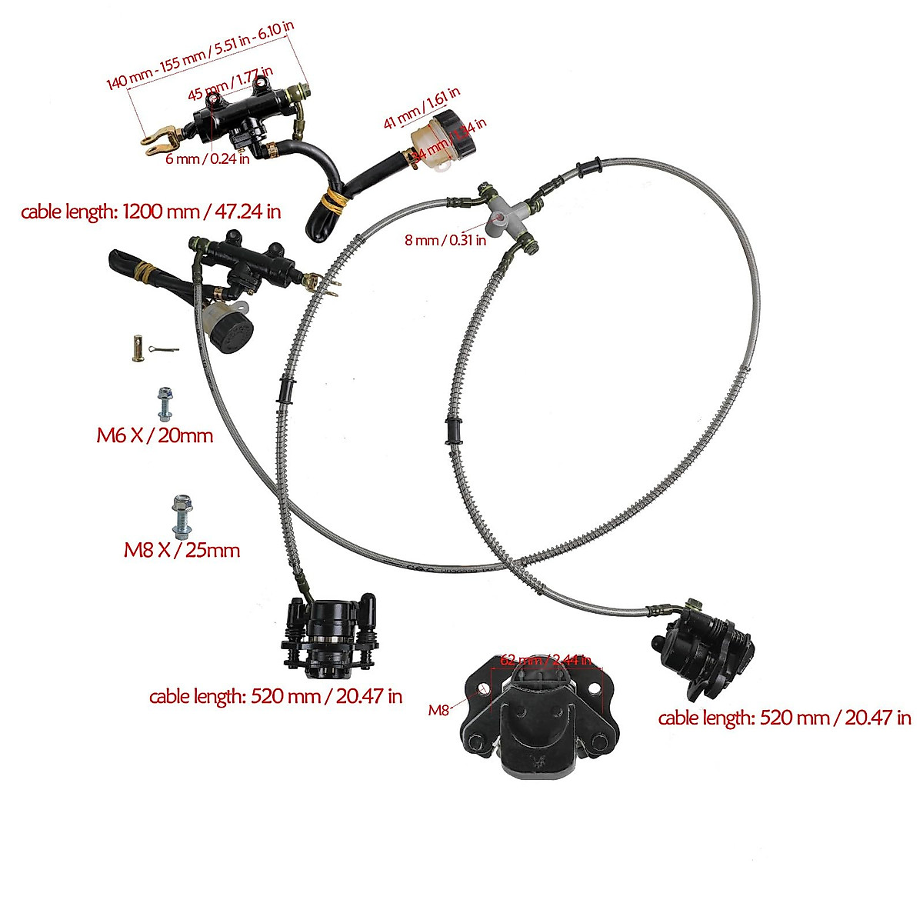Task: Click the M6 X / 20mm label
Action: [154, 435]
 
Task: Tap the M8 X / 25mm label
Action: [182, 550]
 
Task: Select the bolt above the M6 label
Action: [164, 403]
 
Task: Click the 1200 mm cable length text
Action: [151, 212]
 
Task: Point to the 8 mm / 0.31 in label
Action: [445, 240]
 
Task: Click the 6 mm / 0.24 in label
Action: [208, 159]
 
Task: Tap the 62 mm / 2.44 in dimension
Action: [545, 660]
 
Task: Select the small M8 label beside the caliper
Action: [438, 711]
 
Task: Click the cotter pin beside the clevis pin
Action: [163, 351]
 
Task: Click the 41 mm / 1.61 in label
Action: [422, 107]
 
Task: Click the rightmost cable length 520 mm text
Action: [785, 718]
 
